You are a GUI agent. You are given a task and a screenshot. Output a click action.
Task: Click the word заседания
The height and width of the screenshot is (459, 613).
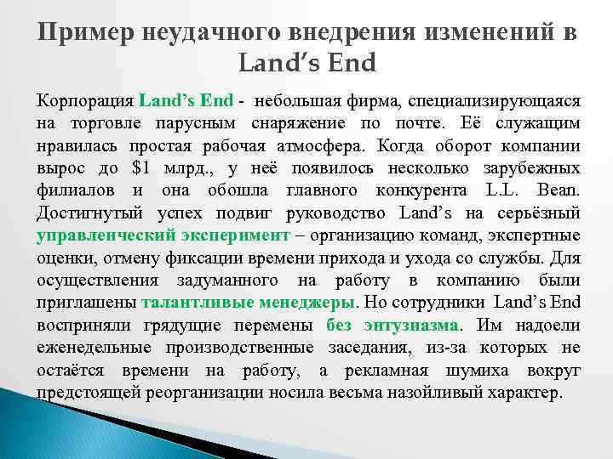click(x=382, y=348)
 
